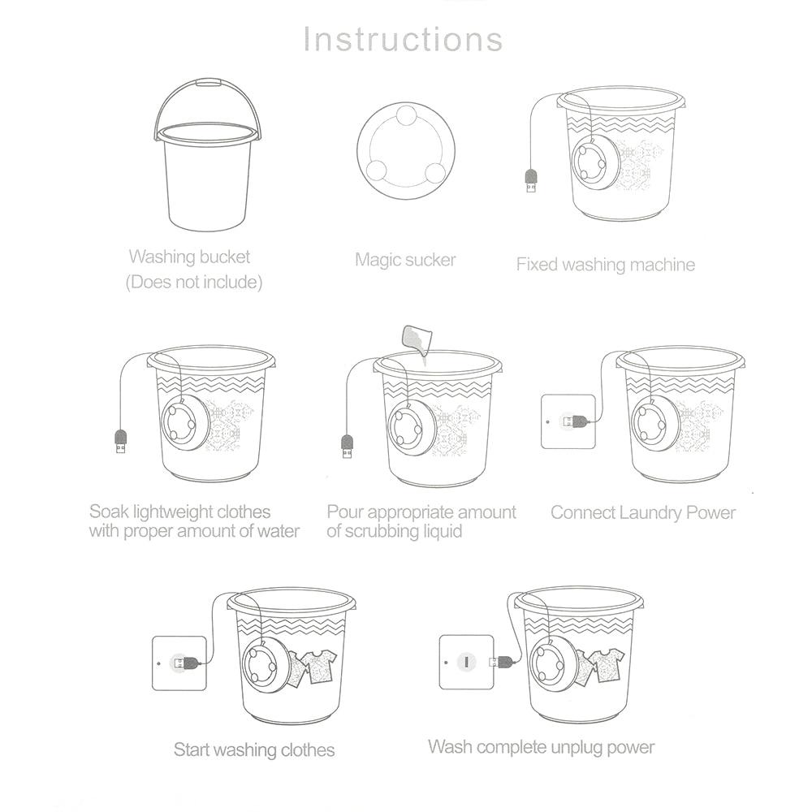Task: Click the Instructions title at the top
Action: [404, 39]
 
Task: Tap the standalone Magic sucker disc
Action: [405, 152]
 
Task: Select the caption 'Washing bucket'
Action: [189, 257]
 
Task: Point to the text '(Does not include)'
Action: [193, 283]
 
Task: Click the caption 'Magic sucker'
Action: [405, 260]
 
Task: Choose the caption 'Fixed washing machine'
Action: [605, 264]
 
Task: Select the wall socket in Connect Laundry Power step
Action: [567, 421]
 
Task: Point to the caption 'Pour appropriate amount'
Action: [421, 512]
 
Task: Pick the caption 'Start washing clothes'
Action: [253, 749]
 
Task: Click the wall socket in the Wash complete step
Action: [466, 662]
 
